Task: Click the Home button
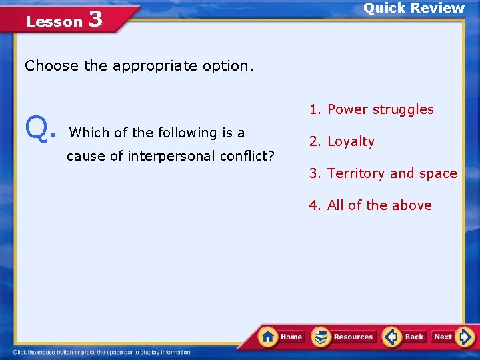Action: pyautogui.click(x=281, y=337)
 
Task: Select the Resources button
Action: pyautogui.click(x=343, y=337)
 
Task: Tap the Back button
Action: pyautogui.click(x=405, y=337)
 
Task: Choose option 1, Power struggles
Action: pyautogui.click(x=371, y=109)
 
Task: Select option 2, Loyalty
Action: pyautogui.click(x=341, y=141)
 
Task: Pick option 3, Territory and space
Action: pyautogui.click(x=383, y=173)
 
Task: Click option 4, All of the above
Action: pyautogui.click(x=370, y=205)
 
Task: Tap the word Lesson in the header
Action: pyautogui.click(x=54, y=21)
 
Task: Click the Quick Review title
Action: pyautogui.click(x=413, y=8)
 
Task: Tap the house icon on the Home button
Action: pyautogui.click(x=268, y=336)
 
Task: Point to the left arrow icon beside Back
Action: pyautogui.click(x=392, y=337)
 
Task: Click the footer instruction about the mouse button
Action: pyautogui.click(x=103, y=352)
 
